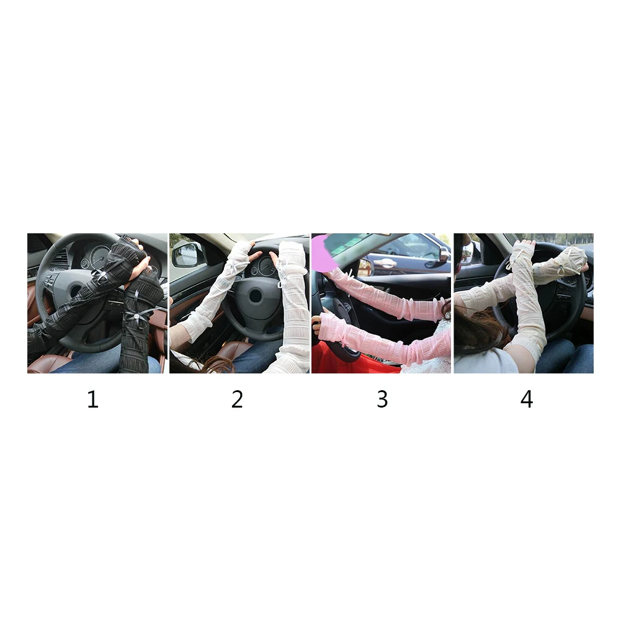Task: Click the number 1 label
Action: tap(92, 400)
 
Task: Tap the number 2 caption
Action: tap(237, 400)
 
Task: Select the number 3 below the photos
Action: tap(382, 400)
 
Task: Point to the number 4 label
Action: tap(527, 400)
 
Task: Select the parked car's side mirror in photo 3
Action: tap(444, 254)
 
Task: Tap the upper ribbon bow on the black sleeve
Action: tap(101, 275)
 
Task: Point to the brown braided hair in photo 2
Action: tap(214, 364)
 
